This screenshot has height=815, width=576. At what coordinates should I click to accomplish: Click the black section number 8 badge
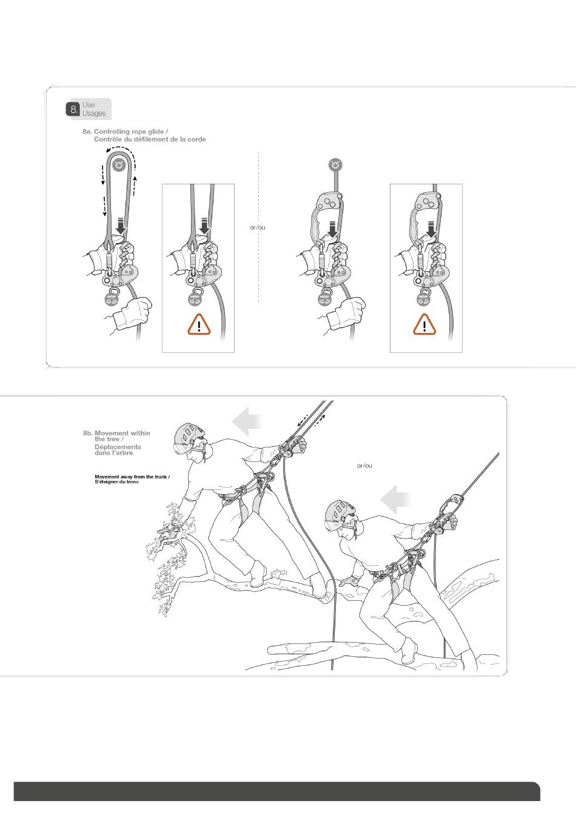coord(73,110)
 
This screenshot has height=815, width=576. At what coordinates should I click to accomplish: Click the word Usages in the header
coord(94,113)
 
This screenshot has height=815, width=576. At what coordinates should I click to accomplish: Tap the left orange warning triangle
coord(199,326)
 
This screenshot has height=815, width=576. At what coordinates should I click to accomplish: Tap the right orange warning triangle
coord(425,326)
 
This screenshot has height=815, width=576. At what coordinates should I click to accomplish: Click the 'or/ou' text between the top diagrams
coord(258,227)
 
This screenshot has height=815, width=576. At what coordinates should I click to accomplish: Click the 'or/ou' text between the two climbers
coord(364,466)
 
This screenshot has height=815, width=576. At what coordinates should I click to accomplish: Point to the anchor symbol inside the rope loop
coord(119,164)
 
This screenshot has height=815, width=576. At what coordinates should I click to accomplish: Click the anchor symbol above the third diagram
coord(335,164)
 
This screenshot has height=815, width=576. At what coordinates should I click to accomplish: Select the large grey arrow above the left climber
coord(248,421)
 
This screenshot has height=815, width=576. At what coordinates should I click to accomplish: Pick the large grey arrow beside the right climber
coord(395,499)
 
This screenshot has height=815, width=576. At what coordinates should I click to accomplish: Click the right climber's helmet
coord(337,512)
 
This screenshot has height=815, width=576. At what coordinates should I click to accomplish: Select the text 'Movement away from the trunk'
coord(132,477)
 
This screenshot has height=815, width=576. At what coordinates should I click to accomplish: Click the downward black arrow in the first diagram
coord(121,226)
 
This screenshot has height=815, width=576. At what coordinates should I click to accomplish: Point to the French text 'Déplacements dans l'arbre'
coord(118,450)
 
